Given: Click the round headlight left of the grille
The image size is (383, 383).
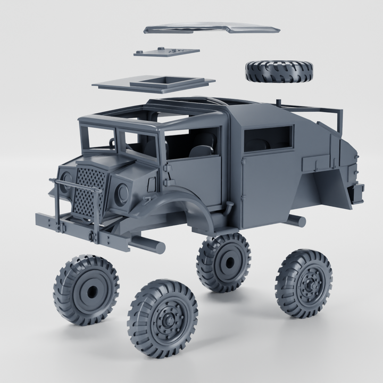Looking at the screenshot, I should (66, 179).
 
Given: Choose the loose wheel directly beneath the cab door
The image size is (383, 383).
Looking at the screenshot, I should (224, 262).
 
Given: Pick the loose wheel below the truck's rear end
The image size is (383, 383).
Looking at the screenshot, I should (304, 283).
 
